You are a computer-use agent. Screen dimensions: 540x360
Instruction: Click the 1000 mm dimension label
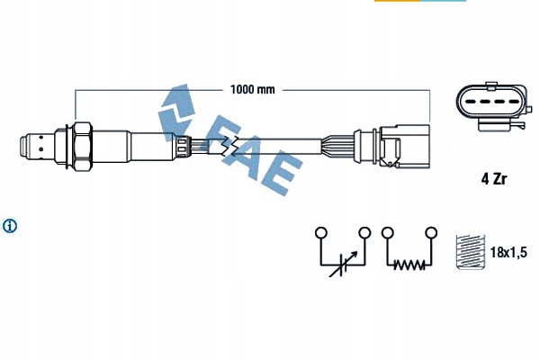(252, 90)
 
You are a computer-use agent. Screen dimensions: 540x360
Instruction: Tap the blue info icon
(10, 224)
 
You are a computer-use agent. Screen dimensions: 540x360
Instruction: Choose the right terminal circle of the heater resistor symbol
(432, 233)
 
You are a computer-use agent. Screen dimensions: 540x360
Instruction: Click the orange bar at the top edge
(397, 2)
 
